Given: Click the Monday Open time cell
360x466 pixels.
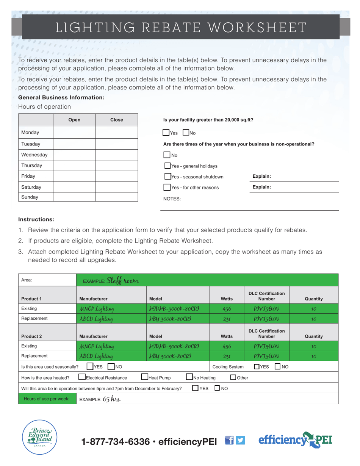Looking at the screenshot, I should [x=74, y=133].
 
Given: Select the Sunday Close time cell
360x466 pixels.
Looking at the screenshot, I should [x=117, y=197].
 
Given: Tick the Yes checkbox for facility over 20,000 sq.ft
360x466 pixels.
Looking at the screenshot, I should [x=166, y=133].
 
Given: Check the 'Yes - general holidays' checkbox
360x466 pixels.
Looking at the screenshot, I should [x=167, y=166].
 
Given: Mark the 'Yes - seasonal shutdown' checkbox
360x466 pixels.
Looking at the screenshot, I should [x=168, y=177].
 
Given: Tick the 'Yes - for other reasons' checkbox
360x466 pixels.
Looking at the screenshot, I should [x=167, y=187].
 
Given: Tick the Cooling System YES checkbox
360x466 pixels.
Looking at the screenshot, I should [x=257, y=366].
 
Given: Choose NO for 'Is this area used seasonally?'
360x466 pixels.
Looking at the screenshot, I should [x=111, y=366].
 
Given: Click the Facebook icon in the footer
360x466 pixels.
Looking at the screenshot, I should [x=229, y=440].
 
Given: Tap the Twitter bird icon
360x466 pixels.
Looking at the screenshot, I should [x=240, y=440].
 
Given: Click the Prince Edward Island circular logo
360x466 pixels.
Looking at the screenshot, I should [x=40, y=438].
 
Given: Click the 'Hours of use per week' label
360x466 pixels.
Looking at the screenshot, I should [x=47, y=399].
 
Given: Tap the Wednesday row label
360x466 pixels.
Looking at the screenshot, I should [x=34, y=155].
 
